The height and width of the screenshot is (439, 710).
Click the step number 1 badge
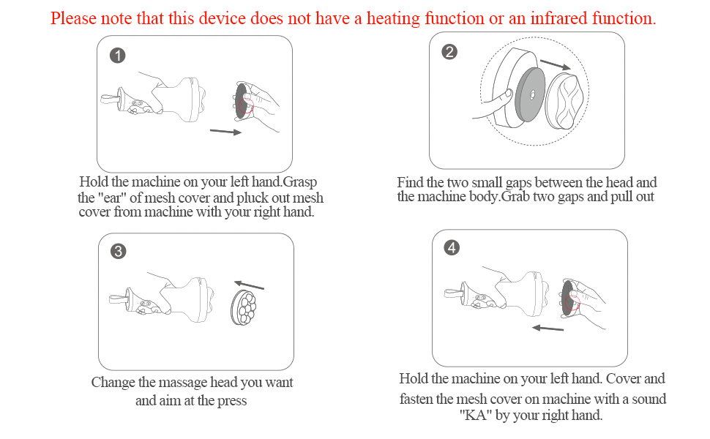click(118, 56)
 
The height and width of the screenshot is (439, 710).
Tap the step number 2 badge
click(449, 52)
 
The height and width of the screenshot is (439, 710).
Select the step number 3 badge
click(119, 251)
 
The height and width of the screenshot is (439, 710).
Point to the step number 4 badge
click(452, 247)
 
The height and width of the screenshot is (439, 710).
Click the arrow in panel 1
click(225, 132)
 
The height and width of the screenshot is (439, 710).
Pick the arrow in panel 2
click(555, 64)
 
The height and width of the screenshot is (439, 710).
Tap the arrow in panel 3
click(249, 285)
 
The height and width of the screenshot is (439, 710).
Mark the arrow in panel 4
click(548, 328)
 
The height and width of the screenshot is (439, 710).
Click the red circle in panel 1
click(246, 105)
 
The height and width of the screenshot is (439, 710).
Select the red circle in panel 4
click(573, 302)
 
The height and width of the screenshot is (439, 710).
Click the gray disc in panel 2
click(530, 94)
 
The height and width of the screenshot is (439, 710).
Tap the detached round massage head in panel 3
click(244, 307)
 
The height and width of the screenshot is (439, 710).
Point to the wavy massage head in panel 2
click(566, 100)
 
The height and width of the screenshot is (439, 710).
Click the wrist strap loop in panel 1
click(110, 98)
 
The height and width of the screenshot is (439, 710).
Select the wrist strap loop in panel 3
click(119, 299)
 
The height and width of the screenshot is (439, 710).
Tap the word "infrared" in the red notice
click(558, 18)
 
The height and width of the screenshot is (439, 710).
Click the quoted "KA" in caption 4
click(476, 415)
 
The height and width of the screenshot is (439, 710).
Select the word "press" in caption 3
click(232, 401)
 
